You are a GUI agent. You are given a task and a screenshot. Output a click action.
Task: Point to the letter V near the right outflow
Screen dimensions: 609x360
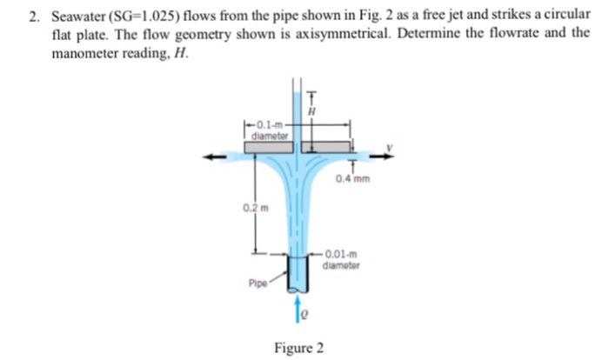[x=390, y=148]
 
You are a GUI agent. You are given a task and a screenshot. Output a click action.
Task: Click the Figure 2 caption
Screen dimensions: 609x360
[x=298, y=348]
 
